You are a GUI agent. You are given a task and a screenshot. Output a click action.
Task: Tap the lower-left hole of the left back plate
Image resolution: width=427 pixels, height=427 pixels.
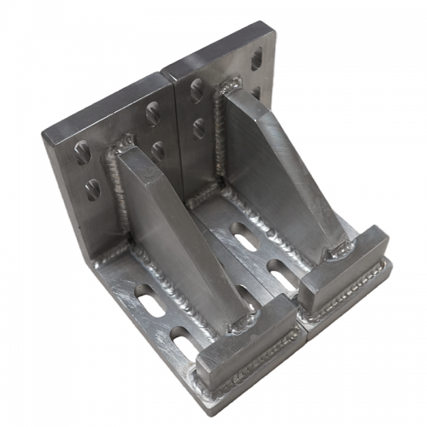pos(91,190)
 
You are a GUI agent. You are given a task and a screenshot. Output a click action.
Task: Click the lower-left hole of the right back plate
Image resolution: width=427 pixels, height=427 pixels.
pos(199,128)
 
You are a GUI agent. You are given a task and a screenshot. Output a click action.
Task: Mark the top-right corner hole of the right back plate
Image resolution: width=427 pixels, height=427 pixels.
pos(256,59)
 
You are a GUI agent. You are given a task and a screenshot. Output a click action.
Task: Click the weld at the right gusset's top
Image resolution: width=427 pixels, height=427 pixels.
pos(229,86)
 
